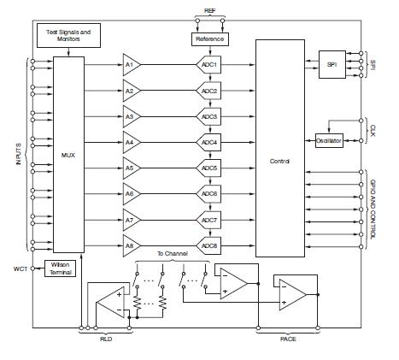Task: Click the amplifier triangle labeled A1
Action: coord(131,65)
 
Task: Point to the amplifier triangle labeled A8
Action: coord(131,246)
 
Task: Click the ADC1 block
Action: coord(209,65)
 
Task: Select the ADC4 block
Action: coord(209,142)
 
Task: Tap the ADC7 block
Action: coord(209,221)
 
